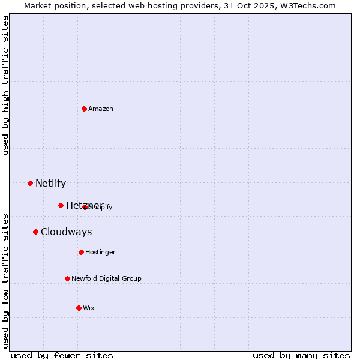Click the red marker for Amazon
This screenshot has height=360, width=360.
[x=85, y=109]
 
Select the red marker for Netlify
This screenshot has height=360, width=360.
[x=31, y=183]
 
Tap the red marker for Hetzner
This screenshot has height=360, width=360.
[x=61, y=205]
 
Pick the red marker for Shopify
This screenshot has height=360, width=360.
[x=85, y=207]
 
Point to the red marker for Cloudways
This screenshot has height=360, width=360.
[x=36, y=232]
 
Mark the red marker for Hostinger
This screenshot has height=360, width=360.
[x=82, y=252]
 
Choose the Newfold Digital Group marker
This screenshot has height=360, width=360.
[x=68, y=278]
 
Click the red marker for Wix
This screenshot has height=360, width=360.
[x=79, y=308]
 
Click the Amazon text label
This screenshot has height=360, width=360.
[x=101, y=109]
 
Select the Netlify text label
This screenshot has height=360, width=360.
[x=50, y=184]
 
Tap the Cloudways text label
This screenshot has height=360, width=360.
[x=67, y=232]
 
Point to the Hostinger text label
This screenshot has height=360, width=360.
[x=100, y=253]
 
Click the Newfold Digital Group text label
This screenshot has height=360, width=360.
[x=106, y=279]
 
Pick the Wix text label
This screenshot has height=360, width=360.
[x=89, y=308]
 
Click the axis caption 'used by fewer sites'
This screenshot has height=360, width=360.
[x=62, y=355]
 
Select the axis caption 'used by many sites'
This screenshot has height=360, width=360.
[x=301, y=355]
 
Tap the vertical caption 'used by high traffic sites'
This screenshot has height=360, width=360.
[x=6, y=85]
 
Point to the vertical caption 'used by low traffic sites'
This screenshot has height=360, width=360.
[x=6, y=281]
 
